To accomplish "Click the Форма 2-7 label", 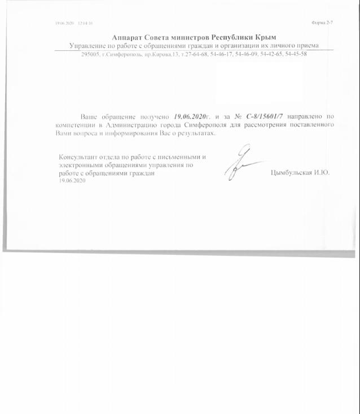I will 322,23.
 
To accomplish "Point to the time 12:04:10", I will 86,23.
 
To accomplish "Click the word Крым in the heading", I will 264,37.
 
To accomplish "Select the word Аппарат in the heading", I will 126,37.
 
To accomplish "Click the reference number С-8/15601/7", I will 267,114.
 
